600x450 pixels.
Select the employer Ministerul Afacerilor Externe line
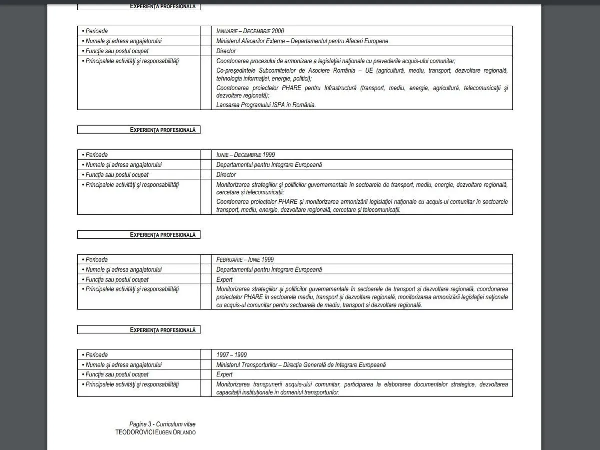tap(302, 41)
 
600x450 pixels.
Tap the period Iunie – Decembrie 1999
tap(246, 155)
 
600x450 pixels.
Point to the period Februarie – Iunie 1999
tap(245, 260)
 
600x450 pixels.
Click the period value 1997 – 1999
tap(231, 355)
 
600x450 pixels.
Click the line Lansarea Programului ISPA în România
tap(266, 105)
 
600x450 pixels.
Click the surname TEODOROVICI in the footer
tap(134, 432)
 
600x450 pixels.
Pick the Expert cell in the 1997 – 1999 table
tap(224, 374)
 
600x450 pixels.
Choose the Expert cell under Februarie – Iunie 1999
tap(224, 279)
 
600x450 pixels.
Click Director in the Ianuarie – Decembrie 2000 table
tap(226, 51)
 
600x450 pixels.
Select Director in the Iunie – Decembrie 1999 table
tap(226, 175)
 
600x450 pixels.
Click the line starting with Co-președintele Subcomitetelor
tap(362, 71)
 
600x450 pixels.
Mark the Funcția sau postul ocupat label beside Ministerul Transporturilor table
tap(117, 374)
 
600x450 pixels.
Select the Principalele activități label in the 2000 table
tap(132, 61)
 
